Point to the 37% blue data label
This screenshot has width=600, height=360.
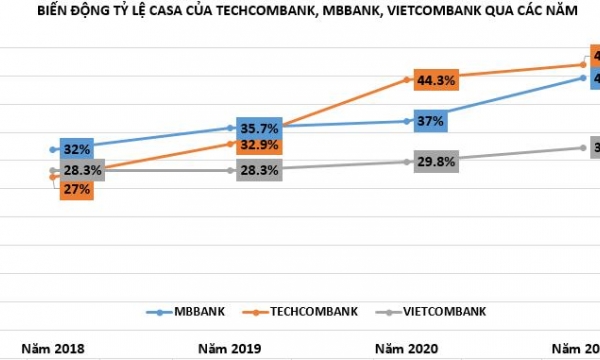431,121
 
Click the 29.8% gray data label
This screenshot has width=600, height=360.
431,161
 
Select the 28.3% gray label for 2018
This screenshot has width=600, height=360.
76,171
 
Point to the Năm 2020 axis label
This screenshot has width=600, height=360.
407,349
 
